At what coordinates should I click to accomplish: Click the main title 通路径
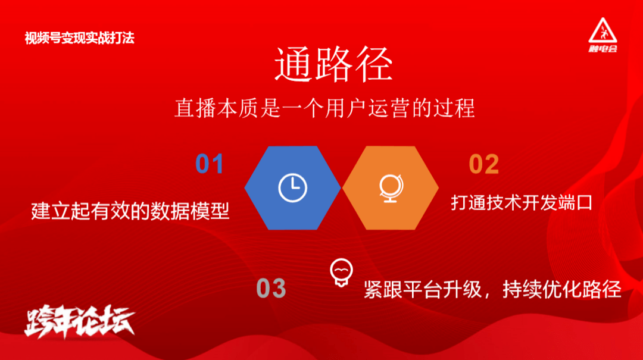coord(333,64)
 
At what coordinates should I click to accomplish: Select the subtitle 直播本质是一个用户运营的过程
coord(325,108)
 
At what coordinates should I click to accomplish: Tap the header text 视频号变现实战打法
coord(80,38)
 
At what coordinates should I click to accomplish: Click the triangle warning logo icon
coord(603,30)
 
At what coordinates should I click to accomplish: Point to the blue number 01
coord(209,164)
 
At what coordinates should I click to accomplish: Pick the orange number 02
coord(484,164)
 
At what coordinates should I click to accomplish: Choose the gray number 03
coord(271,288)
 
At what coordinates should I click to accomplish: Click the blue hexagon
coord(292,188)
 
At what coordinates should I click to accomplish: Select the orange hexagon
coord(391,188)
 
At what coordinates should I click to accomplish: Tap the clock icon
coord(292,188)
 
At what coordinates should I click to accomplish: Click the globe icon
coord(391,189)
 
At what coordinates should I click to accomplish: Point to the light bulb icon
coord(341,273)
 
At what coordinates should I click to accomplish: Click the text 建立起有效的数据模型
coord(130,211)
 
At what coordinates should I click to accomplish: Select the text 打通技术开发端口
coord(522,202)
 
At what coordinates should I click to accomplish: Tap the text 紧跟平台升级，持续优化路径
coord(492,289)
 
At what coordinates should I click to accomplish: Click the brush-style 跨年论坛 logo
coord(80,321)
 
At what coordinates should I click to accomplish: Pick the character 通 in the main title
coord(294,64)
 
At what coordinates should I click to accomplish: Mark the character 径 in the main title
coord(374,64)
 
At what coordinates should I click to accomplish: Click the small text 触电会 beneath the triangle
coord(603,49)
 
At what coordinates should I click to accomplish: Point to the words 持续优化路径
coord(562,289)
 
